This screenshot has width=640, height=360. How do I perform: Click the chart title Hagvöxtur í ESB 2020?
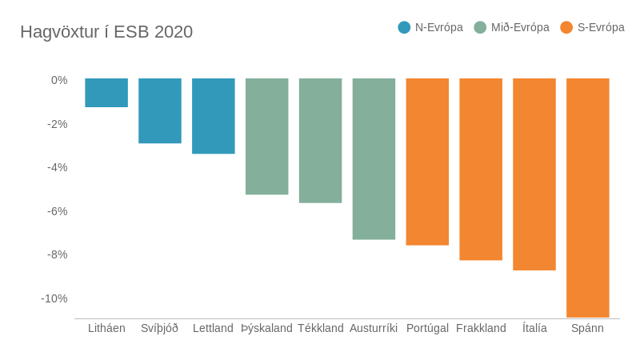click(x=106, y=32)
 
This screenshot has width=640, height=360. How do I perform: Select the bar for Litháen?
click(x=106, y=93)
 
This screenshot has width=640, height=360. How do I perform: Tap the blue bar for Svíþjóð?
click(x=160, y=111)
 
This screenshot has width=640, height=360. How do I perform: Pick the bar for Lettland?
click(x=214, y=116)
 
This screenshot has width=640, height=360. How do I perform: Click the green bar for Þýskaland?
click(x=266, y=137)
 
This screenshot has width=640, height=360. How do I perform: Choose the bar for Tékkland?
click(x=320, y=141)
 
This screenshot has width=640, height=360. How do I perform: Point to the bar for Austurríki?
click(x=374, y=159)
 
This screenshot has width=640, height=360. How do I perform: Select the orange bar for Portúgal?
click(x=427, y=162)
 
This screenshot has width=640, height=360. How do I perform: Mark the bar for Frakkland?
click(x=481, y=170)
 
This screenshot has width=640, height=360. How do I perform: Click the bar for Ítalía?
click(x=534, y=174)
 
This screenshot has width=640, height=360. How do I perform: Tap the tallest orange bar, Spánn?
click(x=588, y=198)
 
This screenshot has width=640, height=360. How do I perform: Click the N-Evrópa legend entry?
click(x=430, y=27)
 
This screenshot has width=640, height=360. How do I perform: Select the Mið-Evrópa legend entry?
click(x=511, y=27)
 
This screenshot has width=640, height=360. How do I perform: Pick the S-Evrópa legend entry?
click(x=592, y=27)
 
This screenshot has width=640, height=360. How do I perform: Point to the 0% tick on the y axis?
click(x=59, y=80)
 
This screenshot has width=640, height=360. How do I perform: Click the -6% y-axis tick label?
click(x=58, y=211)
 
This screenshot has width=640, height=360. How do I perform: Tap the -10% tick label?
click(x=54, y=298)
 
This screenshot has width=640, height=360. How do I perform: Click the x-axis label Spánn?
click(x=587, y=328)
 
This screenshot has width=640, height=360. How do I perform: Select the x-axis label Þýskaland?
click(x=266, y=328)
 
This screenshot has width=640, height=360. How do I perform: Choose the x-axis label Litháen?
click(x=106, y=328)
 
